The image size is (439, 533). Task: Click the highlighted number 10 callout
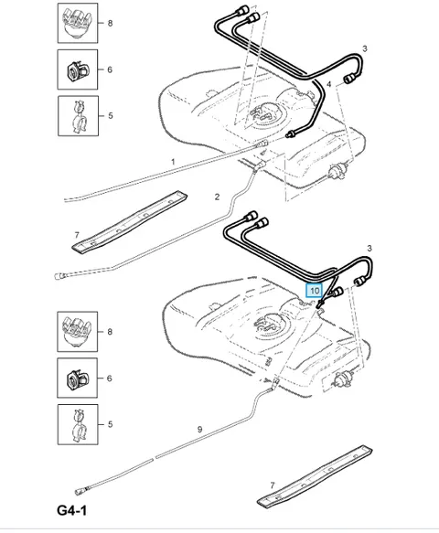tap(314, 291)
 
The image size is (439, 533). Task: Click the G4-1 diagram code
tap(71, 510)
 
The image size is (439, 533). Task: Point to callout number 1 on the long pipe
tap(173, 162)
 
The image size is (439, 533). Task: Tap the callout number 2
tap(217, 197)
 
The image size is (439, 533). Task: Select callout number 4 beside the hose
tap(329, 84)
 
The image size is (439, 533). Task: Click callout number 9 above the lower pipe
tap(200, 430)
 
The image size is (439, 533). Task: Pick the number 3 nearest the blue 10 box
tap(369, 249)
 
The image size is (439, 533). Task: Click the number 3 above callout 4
tap(365, 48)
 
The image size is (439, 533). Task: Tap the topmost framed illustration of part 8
tap(78, 23)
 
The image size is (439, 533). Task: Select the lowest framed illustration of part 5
tap(78, 424)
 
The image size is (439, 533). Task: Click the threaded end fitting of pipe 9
tap(80, 491)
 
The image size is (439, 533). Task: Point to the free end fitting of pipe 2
tap(60, 276)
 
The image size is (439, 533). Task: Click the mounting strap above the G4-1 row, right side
tap(315, 476)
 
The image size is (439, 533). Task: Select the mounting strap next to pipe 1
tap(130, 221)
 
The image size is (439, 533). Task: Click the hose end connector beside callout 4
tap(349, 79)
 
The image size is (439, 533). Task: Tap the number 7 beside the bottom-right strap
tap(272, 485)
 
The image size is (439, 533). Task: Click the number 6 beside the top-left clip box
tap(110, 69)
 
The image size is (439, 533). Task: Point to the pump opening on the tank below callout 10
tap(268, 325)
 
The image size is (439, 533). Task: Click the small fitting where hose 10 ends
tap(319, 305)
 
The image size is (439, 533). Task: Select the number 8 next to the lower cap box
tap(110, 332)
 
